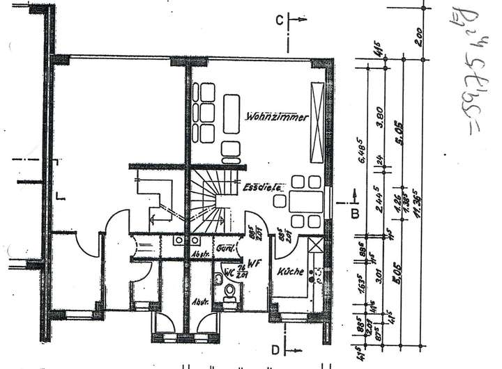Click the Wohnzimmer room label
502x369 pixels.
tap(277, 118)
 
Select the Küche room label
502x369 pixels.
tap(289, 272)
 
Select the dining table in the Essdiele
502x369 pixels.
tap(305, 202)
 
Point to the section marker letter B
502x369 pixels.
tap(355, 214)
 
